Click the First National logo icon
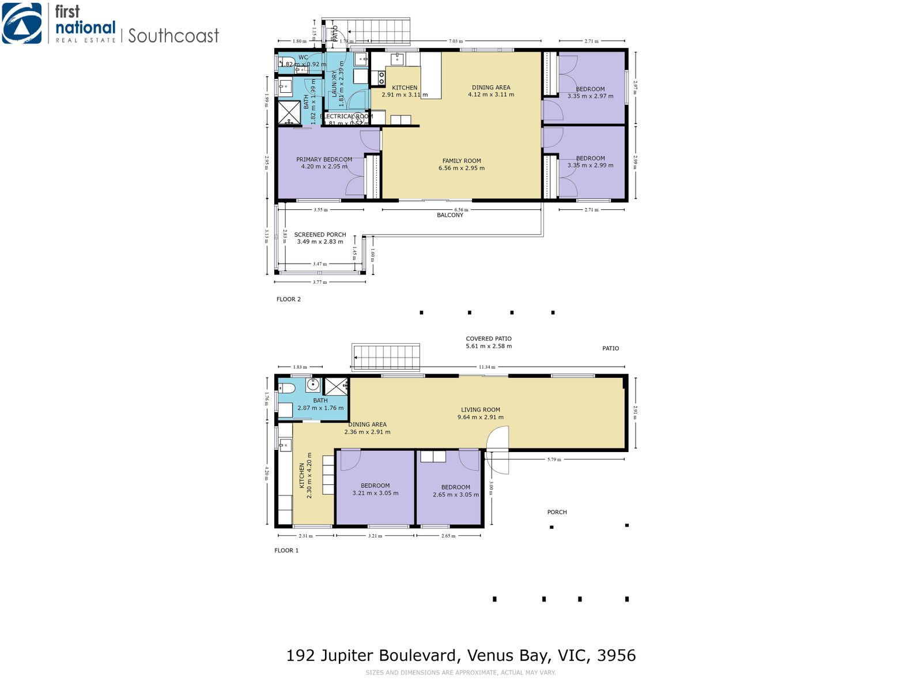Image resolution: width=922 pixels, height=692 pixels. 22,24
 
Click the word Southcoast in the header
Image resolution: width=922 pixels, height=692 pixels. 173,36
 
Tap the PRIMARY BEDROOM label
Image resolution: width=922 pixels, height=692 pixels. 324,160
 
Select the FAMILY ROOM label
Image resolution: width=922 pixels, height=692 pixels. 462,161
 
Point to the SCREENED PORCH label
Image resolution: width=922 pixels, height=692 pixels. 320,235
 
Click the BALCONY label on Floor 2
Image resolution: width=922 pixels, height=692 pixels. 450,215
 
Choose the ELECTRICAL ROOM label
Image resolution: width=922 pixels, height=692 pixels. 346,116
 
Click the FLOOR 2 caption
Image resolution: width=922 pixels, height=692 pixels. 288,299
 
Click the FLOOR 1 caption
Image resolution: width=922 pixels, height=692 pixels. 286,551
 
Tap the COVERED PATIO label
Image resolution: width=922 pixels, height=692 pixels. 489,339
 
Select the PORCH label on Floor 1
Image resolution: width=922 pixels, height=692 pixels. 557,512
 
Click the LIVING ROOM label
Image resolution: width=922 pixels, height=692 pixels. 480,410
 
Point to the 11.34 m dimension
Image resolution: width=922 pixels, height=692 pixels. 487,367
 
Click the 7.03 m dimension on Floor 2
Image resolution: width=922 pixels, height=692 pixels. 455,42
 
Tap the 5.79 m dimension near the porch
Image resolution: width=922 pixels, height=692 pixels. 554,460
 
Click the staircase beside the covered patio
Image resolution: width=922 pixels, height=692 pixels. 386,358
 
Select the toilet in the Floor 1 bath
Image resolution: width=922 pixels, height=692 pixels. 286,388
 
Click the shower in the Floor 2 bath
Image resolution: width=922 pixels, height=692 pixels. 289,112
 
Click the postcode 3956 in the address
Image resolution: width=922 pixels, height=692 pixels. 616,656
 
